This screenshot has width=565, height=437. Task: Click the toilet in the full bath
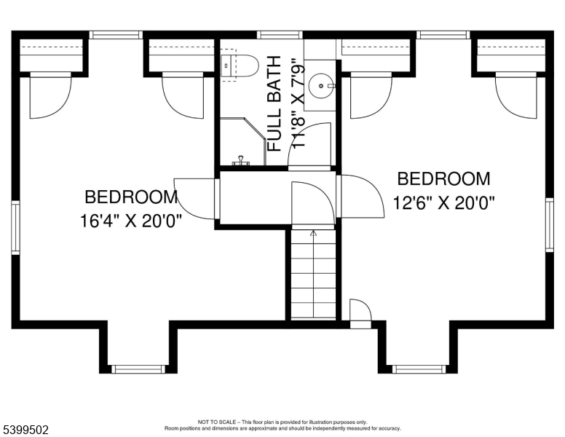coord(240,66)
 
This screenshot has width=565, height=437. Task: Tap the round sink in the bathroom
coord(320,87)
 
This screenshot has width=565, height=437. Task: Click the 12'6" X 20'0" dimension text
coord(445,203)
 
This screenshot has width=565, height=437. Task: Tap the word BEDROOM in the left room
coord(131,197)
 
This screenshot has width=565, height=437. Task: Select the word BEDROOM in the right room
coord(443,178)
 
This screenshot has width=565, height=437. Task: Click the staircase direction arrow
coord(314,235)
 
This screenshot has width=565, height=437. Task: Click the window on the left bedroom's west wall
coord(15,228)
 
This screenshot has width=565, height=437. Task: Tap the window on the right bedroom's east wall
coord(550,224)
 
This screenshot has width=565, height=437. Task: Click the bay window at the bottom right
coord(417,369)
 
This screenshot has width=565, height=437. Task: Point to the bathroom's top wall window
coord(279,34)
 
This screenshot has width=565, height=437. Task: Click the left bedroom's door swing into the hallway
coord(196,197)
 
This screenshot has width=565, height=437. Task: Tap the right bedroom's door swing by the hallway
coord(362,196)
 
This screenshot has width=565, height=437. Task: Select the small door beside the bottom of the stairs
coord(360,313)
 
